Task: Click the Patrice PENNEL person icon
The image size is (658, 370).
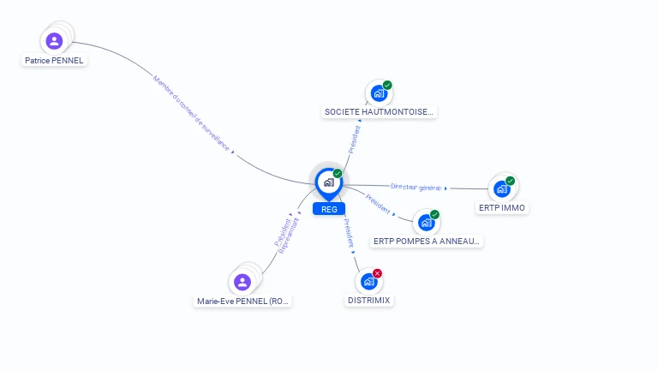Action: click(x=55, y=41)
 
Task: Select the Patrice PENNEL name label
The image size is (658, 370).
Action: click(x=55, y=61)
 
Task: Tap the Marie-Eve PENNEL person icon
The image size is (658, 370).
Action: click(x=242, y=282)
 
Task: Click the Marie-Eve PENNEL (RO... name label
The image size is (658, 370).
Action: click(x=243, y=301)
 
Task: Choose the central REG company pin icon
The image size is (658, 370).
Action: click(x=328, y=182)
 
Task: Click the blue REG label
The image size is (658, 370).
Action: click(x=329, y=209)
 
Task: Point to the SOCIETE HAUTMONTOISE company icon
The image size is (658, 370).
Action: click(x=378, y=93)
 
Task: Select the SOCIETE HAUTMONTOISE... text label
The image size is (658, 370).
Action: click(x=380, y=112)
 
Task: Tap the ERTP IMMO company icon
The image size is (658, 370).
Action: click(x=502, y=188)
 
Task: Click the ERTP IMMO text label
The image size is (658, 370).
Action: click(x=502, y=208)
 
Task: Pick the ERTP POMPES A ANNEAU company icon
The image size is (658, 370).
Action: click(x=426, y=223)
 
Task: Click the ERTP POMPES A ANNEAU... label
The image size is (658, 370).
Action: click(x=428, y=242)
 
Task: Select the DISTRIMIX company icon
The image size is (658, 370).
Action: click(x=368, y=281)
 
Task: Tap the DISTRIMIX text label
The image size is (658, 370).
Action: click(x=369, y=301)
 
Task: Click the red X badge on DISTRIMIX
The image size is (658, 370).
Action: click(x=377, y=273)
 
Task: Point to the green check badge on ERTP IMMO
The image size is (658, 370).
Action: click(x=510, y=181)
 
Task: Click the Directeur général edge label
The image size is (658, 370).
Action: click(x=416, y=187)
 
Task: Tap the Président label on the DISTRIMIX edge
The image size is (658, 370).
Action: click(x=348, y=233)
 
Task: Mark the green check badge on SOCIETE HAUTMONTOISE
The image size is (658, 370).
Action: click(x=387, y=86)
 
